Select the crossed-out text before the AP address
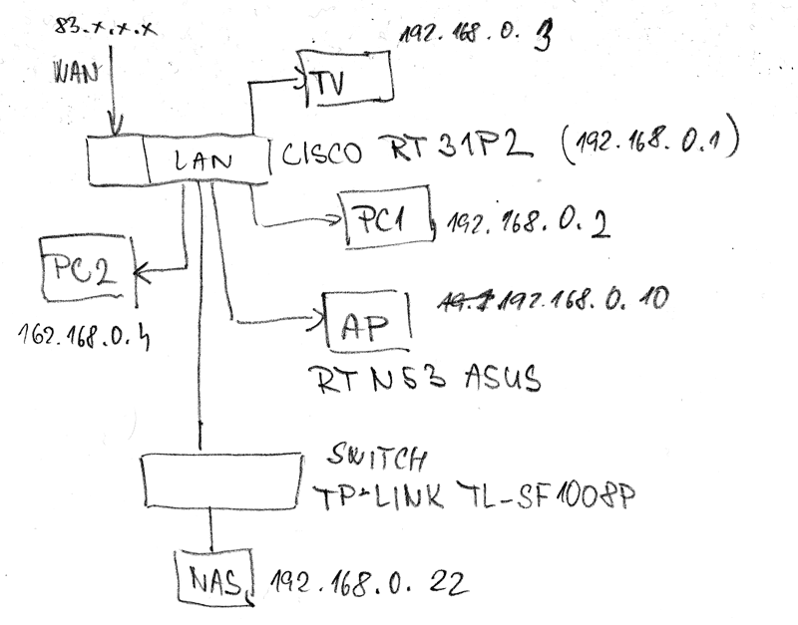[x=469, y=300]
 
